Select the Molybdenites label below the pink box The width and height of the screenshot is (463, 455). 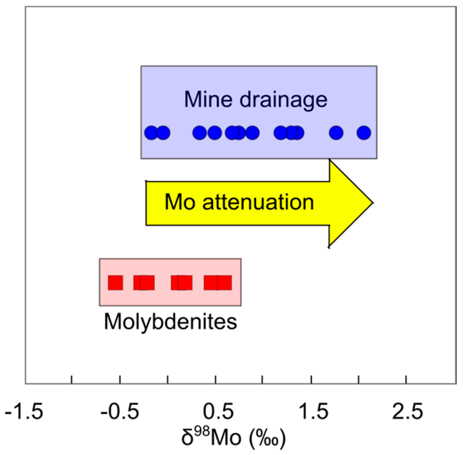(x=170, y=322)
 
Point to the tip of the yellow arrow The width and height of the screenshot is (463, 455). (x=372, y=203)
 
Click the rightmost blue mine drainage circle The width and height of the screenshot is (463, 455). (x=364, y=133)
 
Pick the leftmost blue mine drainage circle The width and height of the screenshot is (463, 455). (x=151, y=133)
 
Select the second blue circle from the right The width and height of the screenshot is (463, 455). (x=336, y=133)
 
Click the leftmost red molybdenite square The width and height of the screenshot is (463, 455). (x=115, y=282)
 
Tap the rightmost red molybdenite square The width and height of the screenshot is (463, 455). (x=224, y=282)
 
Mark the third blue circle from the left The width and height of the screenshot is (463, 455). (x=200, y=133)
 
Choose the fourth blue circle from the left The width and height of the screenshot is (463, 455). (x=215, y=133)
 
